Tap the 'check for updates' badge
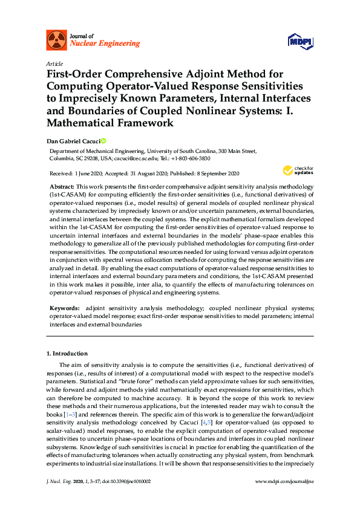click(296, 171)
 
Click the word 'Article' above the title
click(55, 63)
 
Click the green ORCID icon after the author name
click(103, 141)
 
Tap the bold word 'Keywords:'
click(65, 308)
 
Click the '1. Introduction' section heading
click(67, 353)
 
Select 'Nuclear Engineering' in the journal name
click(105, 44)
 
